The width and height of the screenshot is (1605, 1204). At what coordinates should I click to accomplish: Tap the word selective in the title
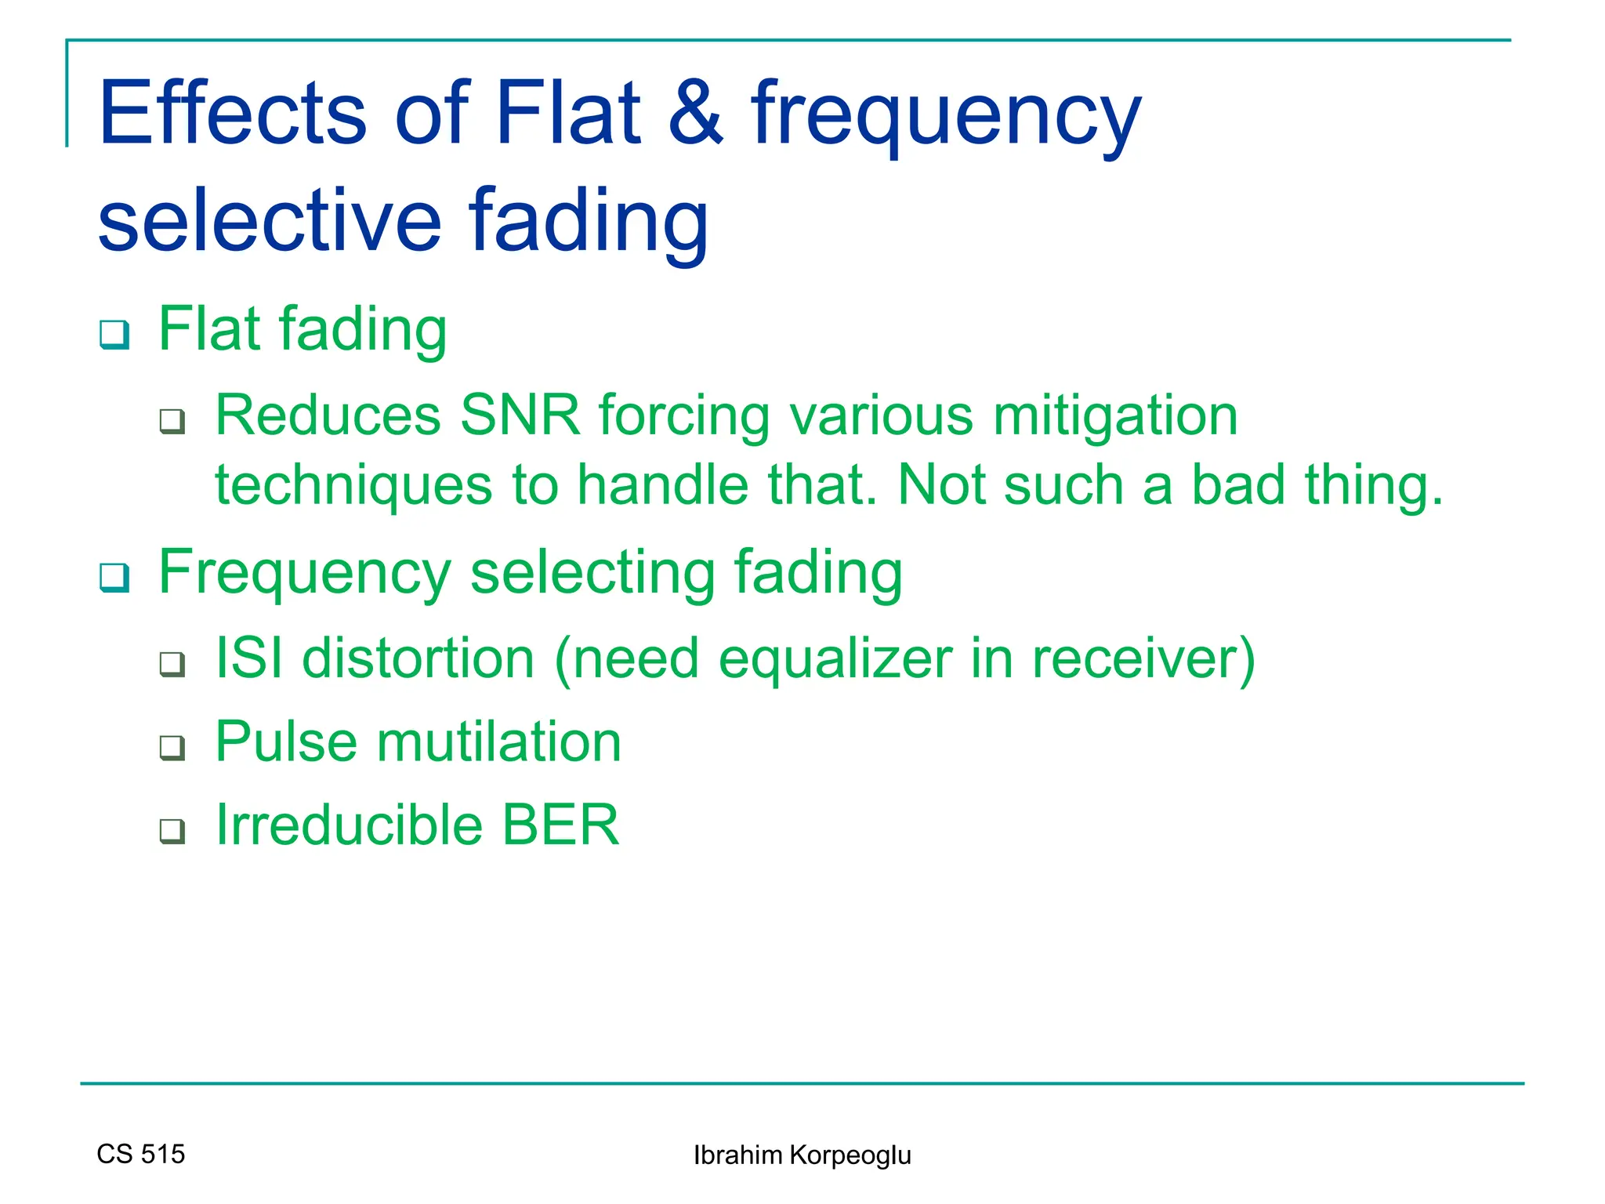270,222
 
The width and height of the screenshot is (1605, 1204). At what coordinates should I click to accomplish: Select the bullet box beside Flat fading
114,335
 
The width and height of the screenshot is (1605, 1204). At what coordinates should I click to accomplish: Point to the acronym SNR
520,415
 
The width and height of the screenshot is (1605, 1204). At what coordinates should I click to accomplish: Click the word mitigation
1115,416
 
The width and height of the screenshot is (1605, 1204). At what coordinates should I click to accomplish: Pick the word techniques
353,485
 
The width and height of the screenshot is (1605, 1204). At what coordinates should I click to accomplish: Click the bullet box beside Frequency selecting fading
114,578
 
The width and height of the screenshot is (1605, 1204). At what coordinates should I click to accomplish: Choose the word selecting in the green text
592,574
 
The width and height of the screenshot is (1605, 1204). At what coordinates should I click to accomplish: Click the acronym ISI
249,658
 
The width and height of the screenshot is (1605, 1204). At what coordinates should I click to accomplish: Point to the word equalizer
835,659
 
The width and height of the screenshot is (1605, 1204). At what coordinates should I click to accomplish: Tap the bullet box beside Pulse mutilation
172,748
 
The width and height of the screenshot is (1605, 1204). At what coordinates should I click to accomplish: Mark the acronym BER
560,825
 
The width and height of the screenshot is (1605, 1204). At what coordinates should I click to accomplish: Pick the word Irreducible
349,825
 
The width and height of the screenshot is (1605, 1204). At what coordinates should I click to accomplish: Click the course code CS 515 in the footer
141,1154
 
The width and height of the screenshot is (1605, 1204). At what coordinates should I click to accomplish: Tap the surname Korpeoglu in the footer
850,1155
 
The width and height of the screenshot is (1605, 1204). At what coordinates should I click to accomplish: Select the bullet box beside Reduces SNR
172,422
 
